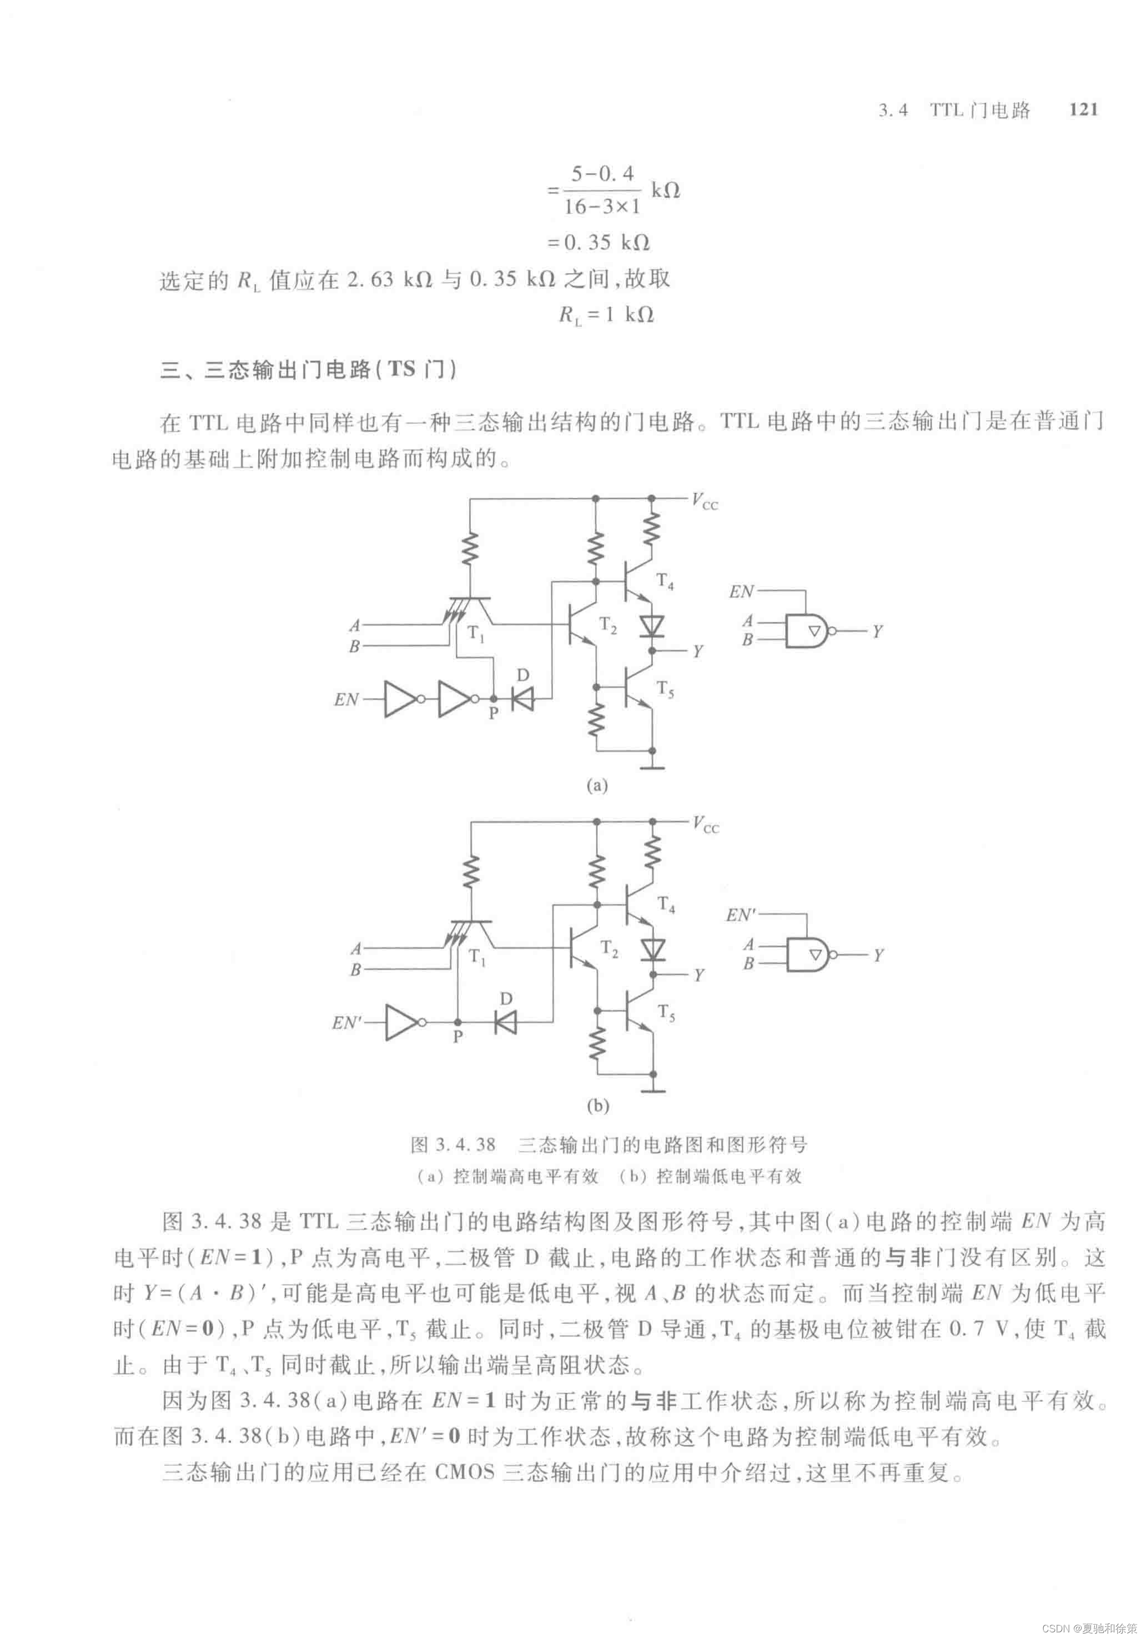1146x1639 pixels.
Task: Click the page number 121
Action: click(1083, 110)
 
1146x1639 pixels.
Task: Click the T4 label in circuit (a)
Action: click(665, 582)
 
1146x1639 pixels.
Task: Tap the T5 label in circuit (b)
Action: click(666, 1013)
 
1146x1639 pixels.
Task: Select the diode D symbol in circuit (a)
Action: click(524, 699)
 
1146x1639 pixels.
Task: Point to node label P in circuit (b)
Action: click(458, 1036)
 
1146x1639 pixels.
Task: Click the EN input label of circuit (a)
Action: click(346, 699)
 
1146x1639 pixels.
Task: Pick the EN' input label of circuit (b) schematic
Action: click(347, 1023)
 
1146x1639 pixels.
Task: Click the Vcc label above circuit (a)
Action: click(705, 501)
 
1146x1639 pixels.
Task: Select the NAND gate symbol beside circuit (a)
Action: click(807, 631)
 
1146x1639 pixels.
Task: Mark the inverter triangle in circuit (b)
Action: click(402, 1022)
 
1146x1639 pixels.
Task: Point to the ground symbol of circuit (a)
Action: click(652, 768)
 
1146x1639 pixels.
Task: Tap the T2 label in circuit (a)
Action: click(607, 626)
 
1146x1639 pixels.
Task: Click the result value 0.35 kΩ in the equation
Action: click(606, 243)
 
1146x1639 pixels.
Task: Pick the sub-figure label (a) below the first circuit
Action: click(597, 786)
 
